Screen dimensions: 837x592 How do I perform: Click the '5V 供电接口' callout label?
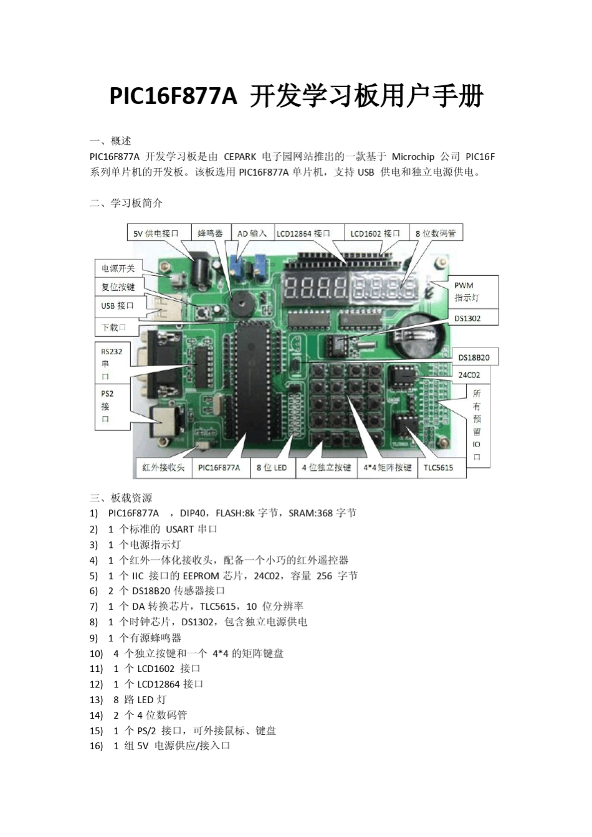point(156,234)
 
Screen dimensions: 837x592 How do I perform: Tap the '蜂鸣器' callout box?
point(210,234)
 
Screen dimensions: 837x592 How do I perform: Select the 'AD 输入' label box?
point(252,234)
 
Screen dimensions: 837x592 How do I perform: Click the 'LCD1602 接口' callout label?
point(375,234)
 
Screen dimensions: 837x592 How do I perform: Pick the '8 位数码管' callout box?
point(436,234)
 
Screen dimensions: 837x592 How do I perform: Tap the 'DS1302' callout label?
point(467,318)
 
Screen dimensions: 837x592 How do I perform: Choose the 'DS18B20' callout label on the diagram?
point(474,357)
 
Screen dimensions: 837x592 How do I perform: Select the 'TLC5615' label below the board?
point(438,468)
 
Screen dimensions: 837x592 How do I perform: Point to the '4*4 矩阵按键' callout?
point(387,468)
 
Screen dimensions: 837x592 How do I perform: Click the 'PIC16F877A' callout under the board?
point(219,468)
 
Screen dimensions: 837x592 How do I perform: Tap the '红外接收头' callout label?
point(163,468)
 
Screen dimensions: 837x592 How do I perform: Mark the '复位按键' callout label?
point(118,287)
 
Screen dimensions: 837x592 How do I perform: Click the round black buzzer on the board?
point(237,305)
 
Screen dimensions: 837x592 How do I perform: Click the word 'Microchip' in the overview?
point(413,157)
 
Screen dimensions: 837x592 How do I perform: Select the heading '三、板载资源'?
point(121,498)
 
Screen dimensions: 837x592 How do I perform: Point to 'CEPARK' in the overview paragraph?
point(240,157)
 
